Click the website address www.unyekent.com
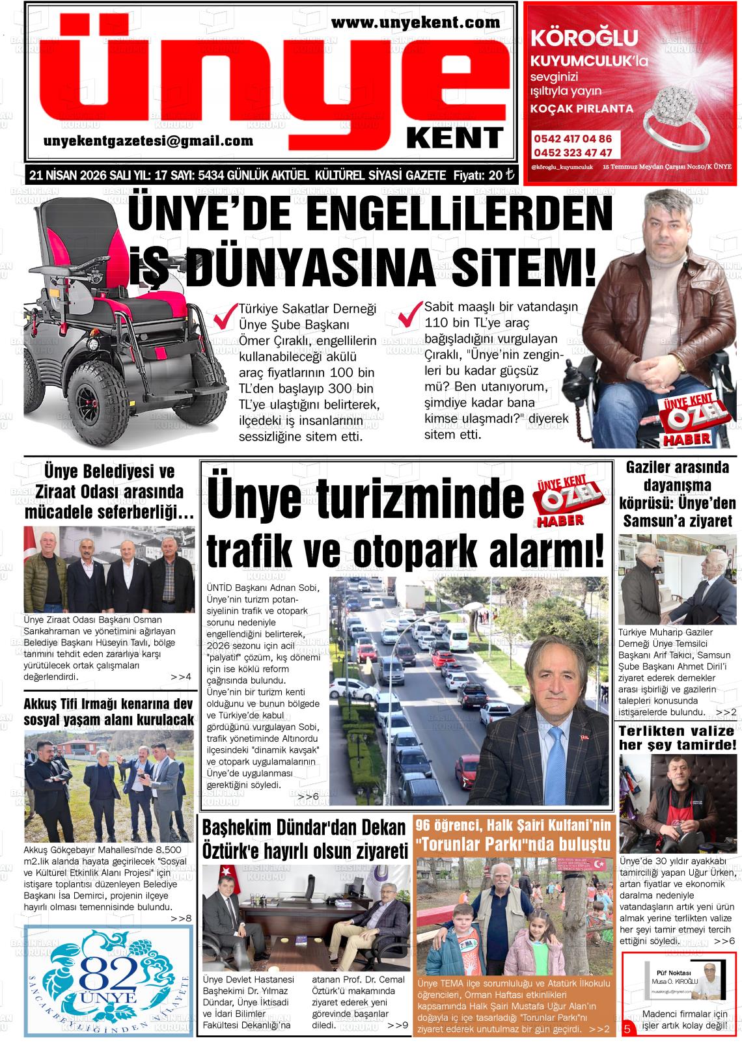coord(416,23)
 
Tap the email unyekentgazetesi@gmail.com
coord(148,141)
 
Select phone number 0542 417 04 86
coord(573,139)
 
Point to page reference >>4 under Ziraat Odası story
coord(181,677)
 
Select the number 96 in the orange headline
coord(426,826)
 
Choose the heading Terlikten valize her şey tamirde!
coord(677,737)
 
